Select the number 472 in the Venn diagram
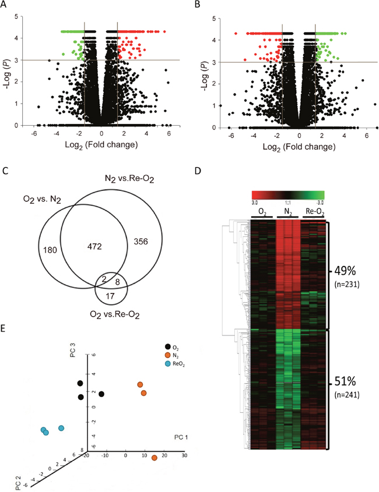pos(95,247)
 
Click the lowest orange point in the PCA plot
pos(155,458)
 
